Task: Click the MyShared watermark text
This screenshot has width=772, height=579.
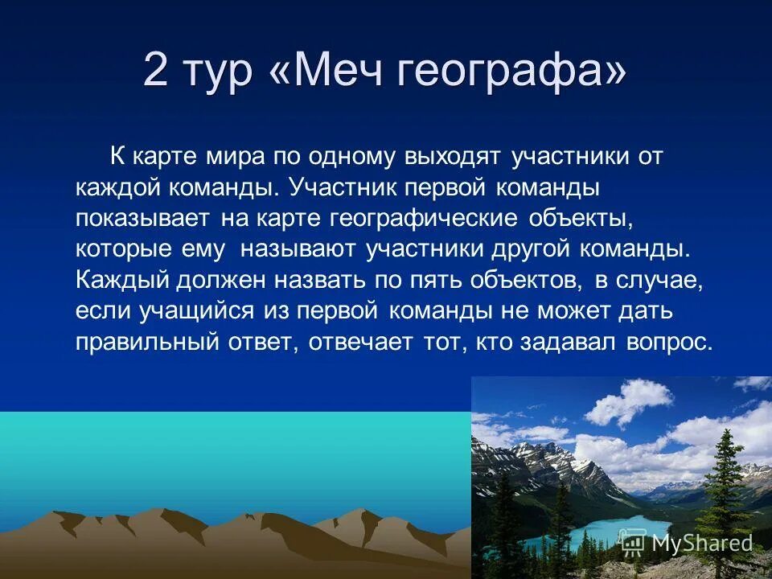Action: click(x=702, y=543)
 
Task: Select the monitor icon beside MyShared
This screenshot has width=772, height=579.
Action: click(x=634, y=543)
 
